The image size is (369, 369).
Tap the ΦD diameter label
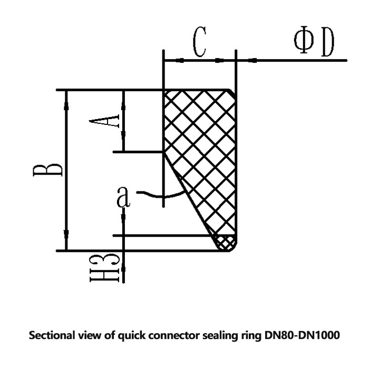tap(314, 43)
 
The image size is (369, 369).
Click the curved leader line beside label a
tap(151, 195)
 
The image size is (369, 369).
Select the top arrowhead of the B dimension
tap(66, 95)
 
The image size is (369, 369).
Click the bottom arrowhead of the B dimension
tap(66, 245)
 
